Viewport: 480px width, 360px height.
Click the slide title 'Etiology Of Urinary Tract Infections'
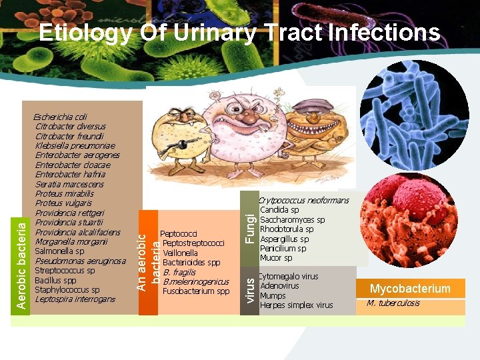click(x=239, y=33)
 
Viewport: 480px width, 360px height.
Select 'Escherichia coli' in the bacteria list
click(x=61, y=117)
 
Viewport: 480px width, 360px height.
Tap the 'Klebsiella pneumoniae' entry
click(x=75, y=145)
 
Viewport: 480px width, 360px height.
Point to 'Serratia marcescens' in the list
click(x=69, y=184)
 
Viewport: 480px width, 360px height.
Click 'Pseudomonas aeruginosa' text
click(x=80, y=261)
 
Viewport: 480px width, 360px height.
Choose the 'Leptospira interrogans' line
click(x=75, y=299)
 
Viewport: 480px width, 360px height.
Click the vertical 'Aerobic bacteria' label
click(x=21, y=265)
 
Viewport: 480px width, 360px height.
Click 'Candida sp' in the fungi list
click(x=279, y=210)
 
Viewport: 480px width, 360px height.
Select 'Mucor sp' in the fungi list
click(x=276, y=258)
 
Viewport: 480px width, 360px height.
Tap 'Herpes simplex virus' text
click(x=296, y=305)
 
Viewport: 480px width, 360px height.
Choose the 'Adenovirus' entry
click(x=279, y=286)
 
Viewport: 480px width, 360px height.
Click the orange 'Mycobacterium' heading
click(x=410, y=289)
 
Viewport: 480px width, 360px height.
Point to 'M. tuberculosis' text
click(x=393, y=303)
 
